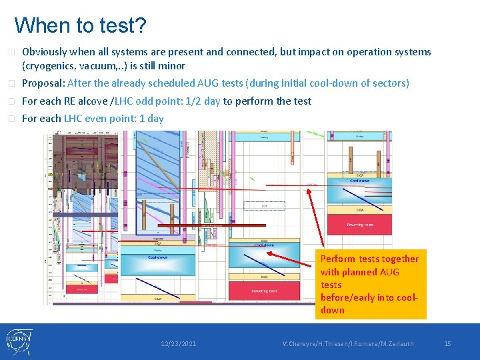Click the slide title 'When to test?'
(x=80, y=25)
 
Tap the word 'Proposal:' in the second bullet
(x=43, y=83)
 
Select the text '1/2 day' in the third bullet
(x=202, y=101)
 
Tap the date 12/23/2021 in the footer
(x=178, y=343)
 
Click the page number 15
(x=447, y=343)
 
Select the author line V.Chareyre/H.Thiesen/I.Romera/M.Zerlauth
(x=347, y=343)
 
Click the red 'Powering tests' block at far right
(x=360, y=225)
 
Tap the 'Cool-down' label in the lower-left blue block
(x=157, y=257)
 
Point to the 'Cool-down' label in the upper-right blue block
(x=360, y=181)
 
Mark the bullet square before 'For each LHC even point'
(x=11, y=119)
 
